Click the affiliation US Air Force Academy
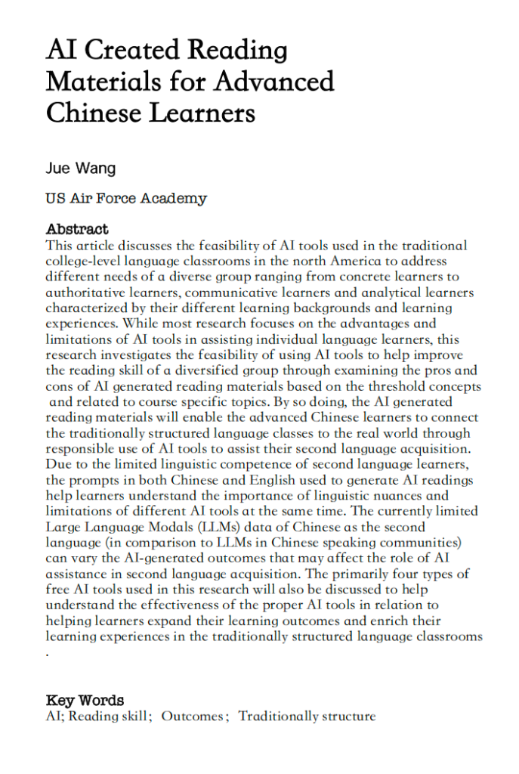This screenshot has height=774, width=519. pos(126,199)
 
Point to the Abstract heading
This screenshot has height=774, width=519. pos(77,229)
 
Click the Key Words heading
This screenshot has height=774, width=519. pos(85,701)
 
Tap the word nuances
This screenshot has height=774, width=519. pos(418,495)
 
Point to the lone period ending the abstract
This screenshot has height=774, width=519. pos(48,652)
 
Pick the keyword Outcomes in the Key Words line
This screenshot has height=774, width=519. pos(193,717)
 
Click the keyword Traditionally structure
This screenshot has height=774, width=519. pos(307,717)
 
